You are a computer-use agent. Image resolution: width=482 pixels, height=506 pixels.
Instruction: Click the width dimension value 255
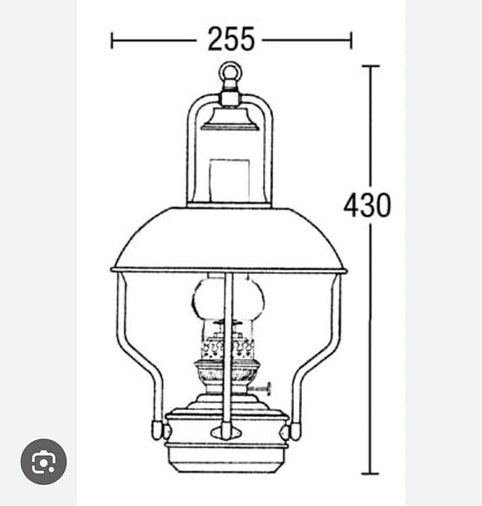(230, 40)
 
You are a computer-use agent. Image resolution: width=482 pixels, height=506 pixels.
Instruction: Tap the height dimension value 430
(367, 205)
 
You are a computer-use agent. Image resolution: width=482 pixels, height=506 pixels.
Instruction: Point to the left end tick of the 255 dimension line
(112, 40)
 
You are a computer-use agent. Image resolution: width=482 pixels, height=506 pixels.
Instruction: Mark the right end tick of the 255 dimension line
(351, 40)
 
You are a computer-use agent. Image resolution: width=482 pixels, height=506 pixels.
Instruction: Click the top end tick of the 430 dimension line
(369, 67)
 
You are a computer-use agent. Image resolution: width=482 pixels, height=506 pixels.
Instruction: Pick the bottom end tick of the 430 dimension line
(369, 473)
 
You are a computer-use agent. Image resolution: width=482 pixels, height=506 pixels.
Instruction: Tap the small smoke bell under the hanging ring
(230, 120)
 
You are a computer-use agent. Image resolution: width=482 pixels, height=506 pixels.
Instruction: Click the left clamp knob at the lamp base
(158, 430)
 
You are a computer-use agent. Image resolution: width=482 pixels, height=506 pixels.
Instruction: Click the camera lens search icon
(44, 461)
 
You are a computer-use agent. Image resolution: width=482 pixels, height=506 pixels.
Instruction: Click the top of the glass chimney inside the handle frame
(230, 176)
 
